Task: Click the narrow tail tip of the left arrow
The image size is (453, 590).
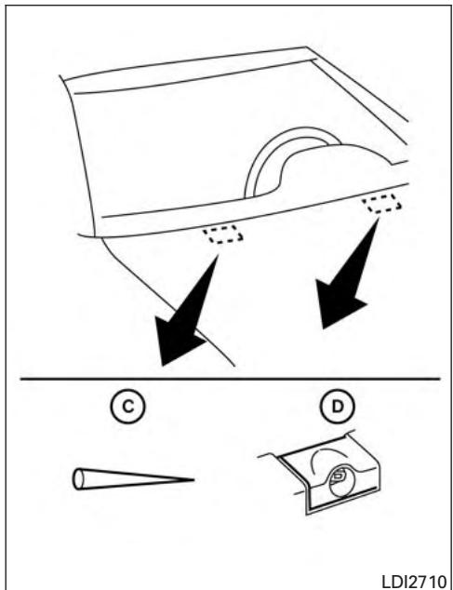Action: click(x=218, y=256)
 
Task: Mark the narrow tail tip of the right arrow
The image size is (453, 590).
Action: click(x=378, y=219)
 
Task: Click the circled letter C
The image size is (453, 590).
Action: click(x=128, y=407)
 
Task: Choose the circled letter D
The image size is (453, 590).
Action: click(x=338, y=407)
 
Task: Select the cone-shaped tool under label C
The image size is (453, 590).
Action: click(x=134, y=479)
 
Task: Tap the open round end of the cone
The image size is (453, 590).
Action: click(x=78, y=479)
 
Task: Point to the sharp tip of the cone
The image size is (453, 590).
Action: click(x=193, y=480)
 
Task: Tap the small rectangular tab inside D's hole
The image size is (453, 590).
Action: click(x=338, y=476)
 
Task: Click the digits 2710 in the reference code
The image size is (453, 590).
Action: click(x=430, y=582)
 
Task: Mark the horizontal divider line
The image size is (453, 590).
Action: click(x=230, y=379)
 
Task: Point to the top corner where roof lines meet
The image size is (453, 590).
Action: click(x=306, y=47)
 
